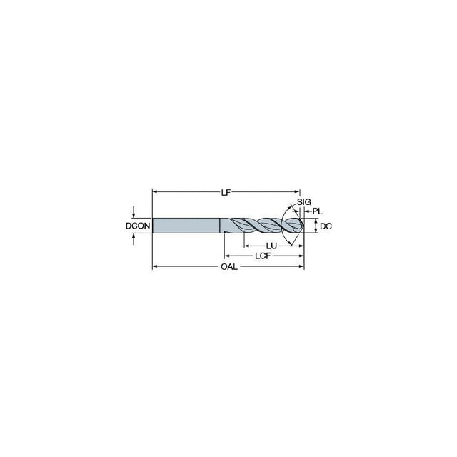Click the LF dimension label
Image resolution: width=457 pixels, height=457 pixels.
[x=226, y=192]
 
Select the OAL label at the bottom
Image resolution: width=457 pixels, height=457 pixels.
[x=229, y=266]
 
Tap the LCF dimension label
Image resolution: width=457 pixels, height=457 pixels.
[x=263, y=256]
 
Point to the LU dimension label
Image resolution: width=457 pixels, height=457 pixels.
[x=271, y=246]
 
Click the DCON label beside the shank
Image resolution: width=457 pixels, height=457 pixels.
[x=138, y=226]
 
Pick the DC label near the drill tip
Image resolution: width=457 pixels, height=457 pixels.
[x=326, y=226]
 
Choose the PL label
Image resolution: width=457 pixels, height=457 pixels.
[x=317, y=211]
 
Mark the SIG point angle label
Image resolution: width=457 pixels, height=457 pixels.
[x=304, y=201]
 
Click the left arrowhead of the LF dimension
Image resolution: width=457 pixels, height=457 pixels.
[x=155, y=192]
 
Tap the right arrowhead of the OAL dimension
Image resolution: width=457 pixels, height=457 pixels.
[x=301, y=266]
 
